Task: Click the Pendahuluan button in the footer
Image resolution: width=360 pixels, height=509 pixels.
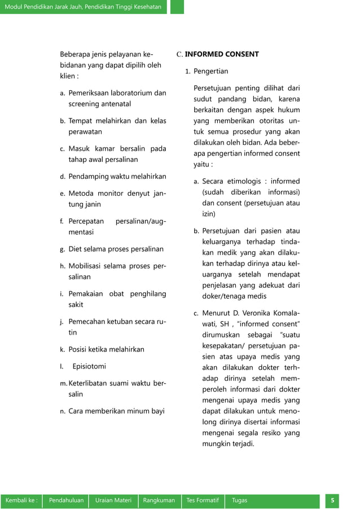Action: click(67, 501)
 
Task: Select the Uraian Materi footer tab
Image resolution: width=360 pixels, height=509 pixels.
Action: click(113, 501)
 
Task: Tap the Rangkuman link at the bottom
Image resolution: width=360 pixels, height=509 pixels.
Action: click(159, 501)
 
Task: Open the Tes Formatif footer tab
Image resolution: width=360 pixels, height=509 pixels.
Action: click(203, 501)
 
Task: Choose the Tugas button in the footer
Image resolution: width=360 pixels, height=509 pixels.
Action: click(239, 501)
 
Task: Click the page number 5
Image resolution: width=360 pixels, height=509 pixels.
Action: click(333, 501)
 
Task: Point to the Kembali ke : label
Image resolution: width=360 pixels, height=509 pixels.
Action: click(21, 501)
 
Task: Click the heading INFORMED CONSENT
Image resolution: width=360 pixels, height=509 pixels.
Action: click(222, 55)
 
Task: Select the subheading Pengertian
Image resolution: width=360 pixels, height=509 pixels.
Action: click(210, 72)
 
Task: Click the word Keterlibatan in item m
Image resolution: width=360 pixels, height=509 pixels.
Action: click(90, 384)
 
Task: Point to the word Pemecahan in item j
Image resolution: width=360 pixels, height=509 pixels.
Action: click(87, 322)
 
